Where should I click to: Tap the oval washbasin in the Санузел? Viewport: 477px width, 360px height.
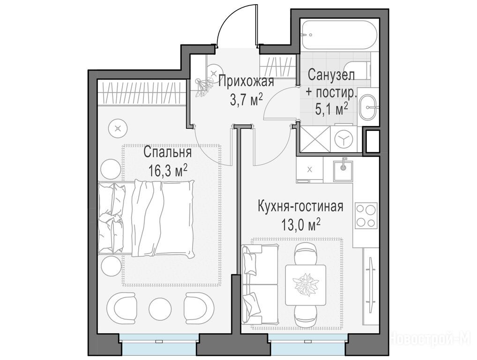tap(368, 107)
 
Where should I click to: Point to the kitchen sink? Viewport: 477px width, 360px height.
tap(343, 171)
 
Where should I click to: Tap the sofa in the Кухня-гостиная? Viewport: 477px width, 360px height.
tap(260, 284)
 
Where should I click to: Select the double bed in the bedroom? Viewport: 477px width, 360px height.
tap(146, 218)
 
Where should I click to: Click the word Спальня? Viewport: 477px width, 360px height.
tap(167, 152)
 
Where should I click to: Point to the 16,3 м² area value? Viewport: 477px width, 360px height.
tap(168, 171)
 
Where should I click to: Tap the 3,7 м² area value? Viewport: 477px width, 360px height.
tap(246, 100)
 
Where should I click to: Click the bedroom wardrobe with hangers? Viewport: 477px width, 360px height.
tap(142, 92)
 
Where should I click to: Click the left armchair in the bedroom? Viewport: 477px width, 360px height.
tap(122, 309)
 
